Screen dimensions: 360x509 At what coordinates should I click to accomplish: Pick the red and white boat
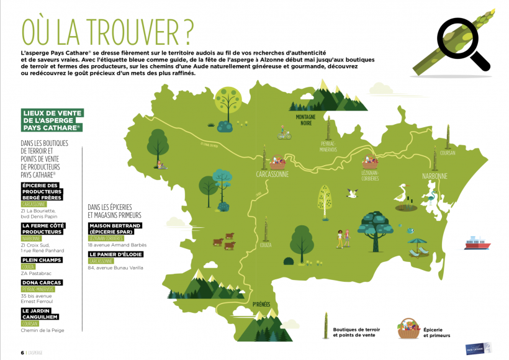tap(478, 243)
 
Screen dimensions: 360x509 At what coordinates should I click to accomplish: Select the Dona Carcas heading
tap(42, 282)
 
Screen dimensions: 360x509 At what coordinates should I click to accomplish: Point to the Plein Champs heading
tap(41, 259)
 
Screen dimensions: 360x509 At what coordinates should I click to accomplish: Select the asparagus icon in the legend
tap(323, 326)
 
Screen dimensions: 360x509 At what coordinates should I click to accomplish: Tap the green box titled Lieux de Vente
tap(52, 120)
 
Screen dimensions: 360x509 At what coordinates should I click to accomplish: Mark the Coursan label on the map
tap(447, 153)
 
